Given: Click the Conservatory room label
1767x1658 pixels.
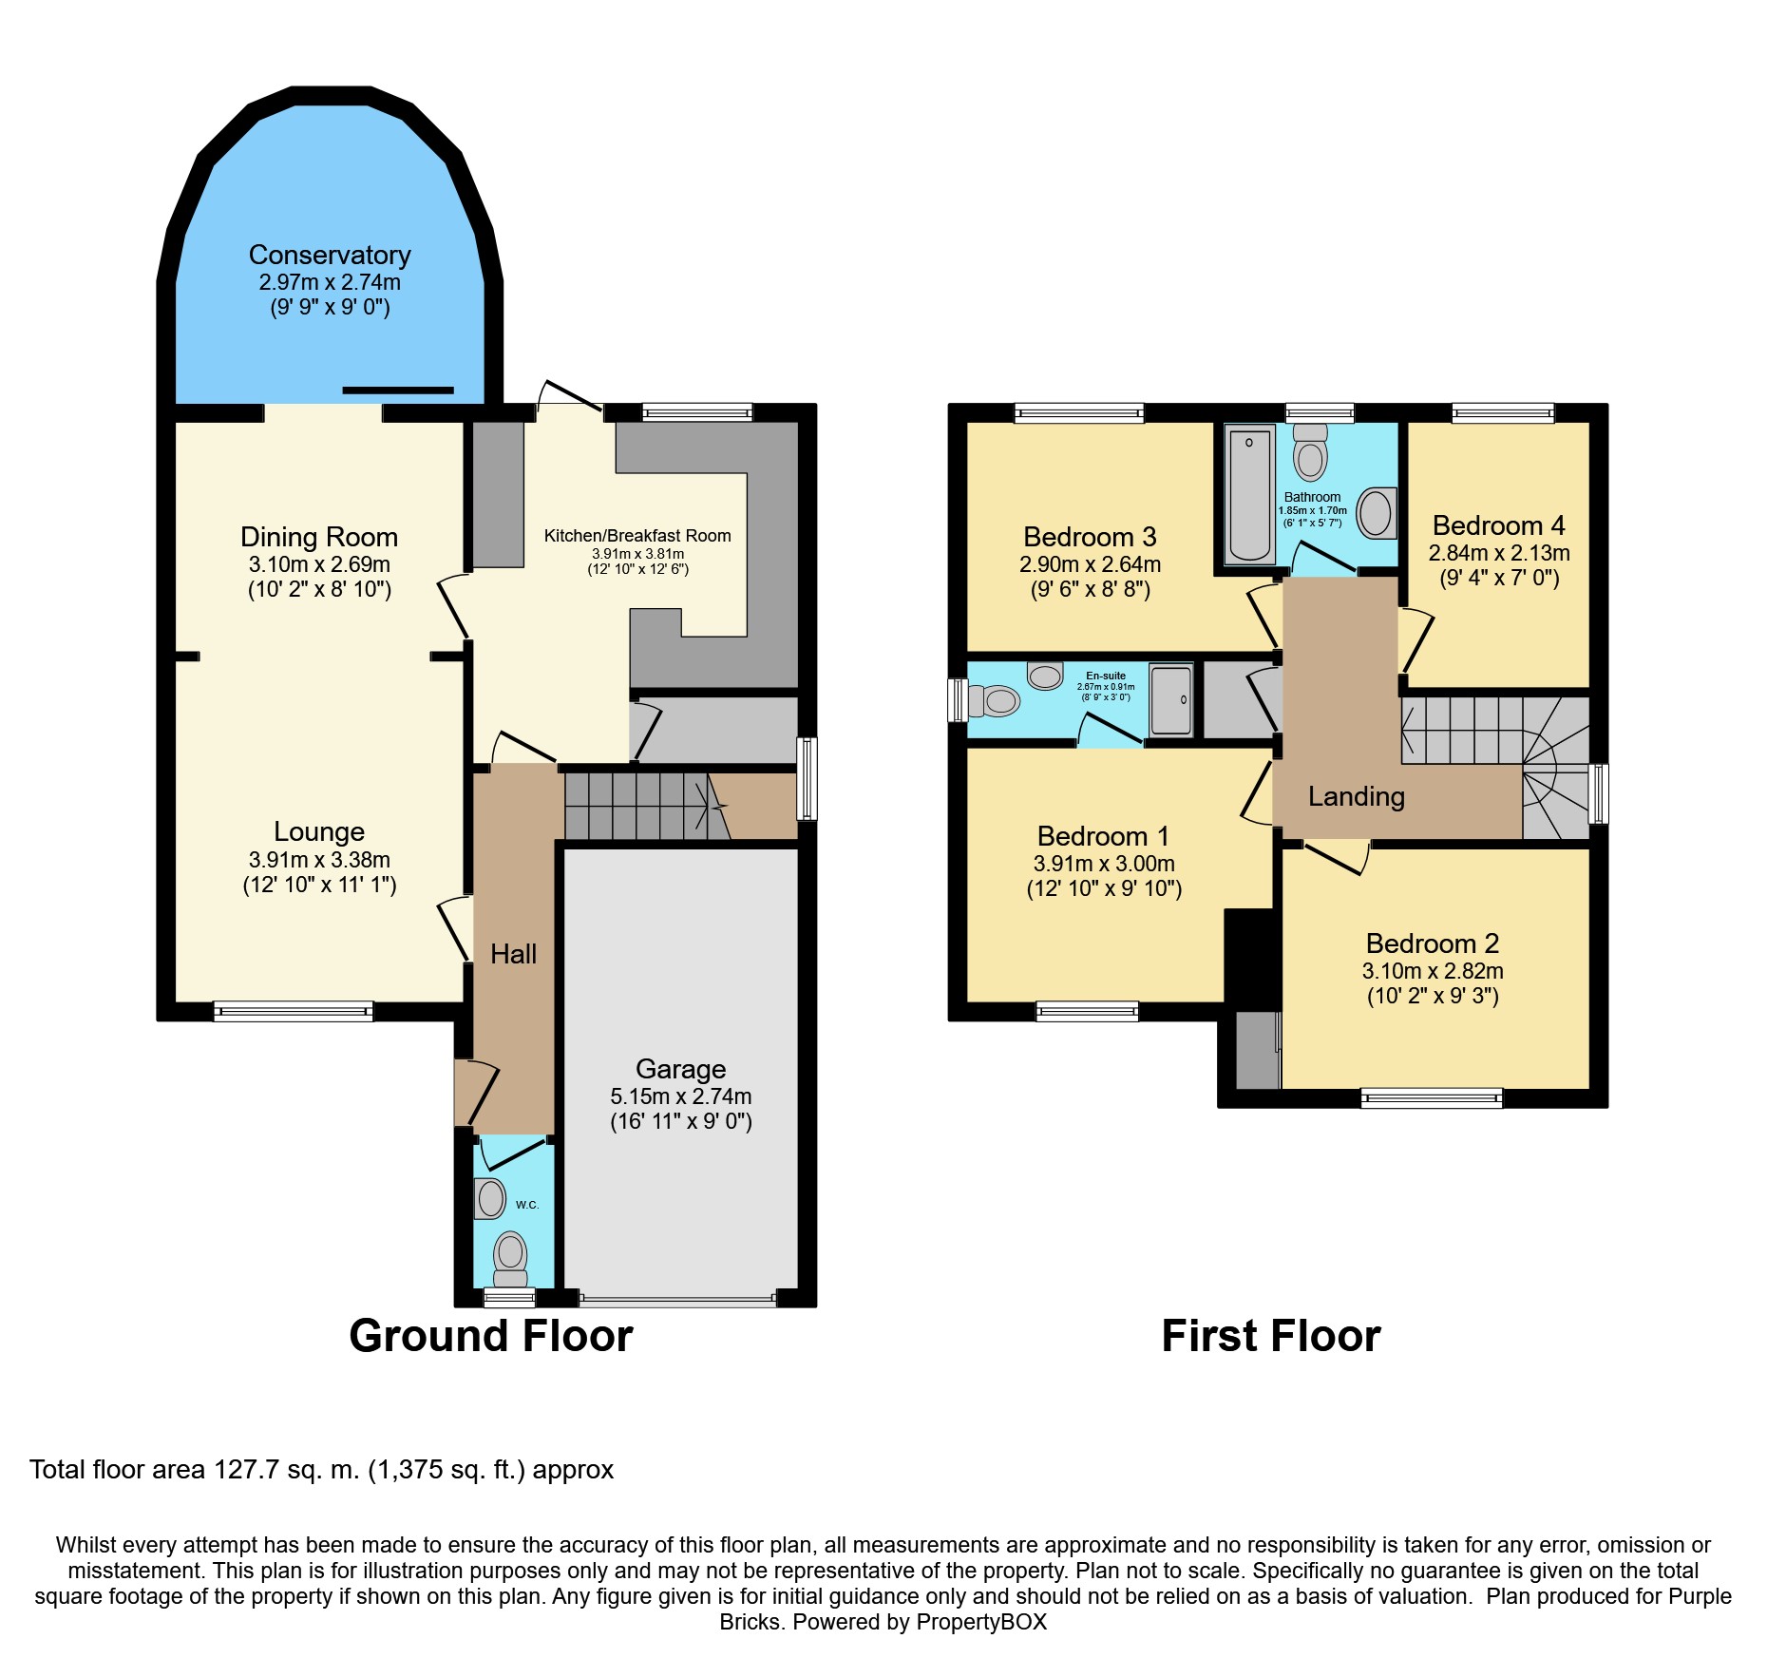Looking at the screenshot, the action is [330, 256].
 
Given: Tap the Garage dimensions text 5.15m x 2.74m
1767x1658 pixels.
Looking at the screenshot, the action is [681, 1096].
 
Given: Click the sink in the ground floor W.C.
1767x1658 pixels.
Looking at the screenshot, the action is [490, 1198].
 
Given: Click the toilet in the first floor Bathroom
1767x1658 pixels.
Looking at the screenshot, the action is [1311, 452].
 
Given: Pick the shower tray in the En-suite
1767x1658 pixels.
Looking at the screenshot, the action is [1171, 700].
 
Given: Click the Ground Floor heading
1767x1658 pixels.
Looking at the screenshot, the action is [491, 1336].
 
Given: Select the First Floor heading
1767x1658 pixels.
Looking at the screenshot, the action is [1271, 1336].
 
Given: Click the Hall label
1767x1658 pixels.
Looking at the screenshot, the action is [514, 954].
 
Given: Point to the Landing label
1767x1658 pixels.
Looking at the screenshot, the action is [1357, 796].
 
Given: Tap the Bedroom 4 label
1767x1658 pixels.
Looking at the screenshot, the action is [1499, 525].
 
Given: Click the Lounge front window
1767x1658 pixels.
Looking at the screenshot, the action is [294, 1012].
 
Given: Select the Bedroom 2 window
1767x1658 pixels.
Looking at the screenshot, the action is [1433, 1098].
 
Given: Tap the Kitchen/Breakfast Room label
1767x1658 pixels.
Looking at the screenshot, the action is [637, 536].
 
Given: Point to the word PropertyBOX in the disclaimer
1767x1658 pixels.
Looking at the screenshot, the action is [981, 1622].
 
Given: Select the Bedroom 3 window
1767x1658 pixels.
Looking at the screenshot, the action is [1079, 413].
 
